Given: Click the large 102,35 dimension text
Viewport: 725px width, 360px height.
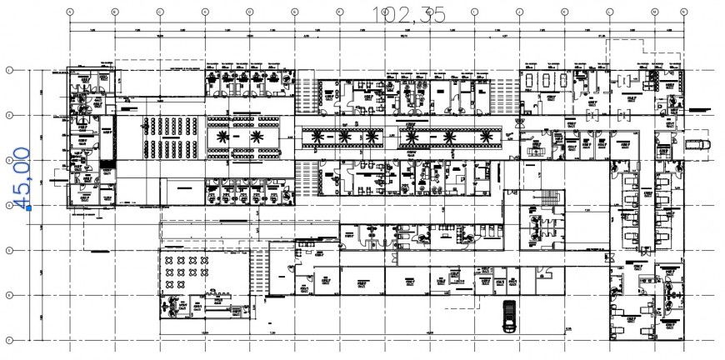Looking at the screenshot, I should point(409,15).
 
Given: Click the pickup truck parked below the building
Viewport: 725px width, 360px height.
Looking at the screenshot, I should point(507,316).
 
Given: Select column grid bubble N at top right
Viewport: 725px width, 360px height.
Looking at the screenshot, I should point(654,12).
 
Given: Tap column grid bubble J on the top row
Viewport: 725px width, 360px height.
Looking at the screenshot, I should point(474,12).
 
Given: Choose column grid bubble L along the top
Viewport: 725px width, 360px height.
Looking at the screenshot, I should point(564,12).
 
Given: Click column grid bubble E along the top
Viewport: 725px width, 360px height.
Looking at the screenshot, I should point(249,12).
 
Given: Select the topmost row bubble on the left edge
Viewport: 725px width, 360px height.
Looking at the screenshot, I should point(9,70).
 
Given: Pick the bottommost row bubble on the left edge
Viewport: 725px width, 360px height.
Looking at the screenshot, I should point(9,340).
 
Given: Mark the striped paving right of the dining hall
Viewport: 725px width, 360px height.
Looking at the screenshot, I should point(258,271).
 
